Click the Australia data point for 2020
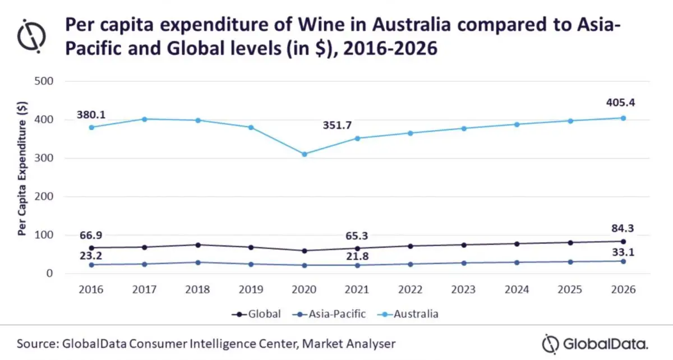[305, 154]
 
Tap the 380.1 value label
[91, 115]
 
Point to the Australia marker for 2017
[145, 119]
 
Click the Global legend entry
[256, 314]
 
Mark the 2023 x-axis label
[463, 290]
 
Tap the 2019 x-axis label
[251, 290]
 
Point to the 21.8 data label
[357, 256]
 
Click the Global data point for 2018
[198, 245]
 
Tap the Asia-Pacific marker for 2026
[623, 261]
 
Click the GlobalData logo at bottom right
[595, 343]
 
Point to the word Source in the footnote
[38, 343]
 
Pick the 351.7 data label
[337, 126]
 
